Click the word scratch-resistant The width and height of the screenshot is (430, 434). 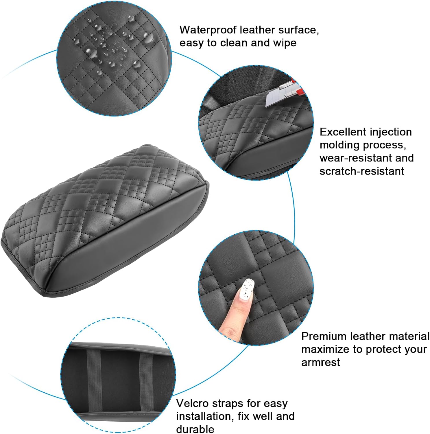click(x=362, y=171)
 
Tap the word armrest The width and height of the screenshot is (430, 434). click(x=320, y=362)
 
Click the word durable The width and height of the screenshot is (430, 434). click(x=195, y=429)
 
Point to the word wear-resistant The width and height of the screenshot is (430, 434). click(x=353, y=158)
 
